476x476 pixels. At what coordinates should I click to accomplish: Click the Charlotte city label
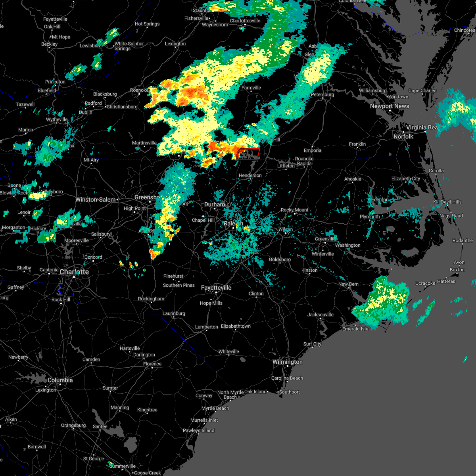tap(74, 272)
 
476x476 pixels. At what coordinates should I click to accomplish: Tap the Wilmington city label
tap(287, 362)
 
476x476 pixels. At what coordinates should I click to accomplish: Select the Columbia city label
tap(60, 380)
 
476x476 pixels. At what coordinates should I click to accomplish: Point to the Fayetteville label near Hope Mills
tap(216, 288)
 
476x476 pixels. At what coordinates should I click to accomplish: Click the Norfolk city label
tap(403, 136)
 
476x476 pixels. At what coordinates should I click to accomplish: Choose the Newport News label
tap(389, 106)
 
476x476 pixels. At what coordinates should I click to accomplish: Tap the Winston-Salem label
tap(96, 200)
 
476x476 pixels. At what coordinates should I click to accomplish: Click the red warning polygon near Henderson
tap(248, 154)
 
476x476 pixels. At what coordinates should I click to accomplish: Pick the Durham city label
tap(215, 205)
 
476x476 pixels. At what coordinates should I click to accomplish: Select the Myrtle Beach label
tap(215, 409)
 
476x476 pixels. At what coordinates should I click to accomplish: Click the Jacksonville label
tap(320, 315)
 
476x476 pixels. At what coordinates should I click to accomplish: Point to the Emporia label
tap(313, 151)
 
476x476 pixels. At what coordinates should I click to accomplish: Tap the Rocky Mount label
tap(294, 210)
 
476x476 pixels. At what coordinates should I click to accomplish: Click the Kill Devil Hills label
tap(447, 202)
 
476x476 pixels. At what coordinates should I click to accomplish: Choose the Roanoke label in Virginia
tap(139, 90)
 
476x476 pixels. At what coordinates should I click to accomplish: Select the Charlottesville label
tap(245, 21)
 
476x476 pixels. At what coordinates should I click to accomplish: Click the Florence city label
tap(152, 364)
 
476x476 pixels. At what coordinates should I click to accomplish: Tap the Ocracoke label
tap(425, 284)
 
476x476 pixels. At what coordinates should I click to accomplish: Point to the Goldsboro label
tap(280, 260)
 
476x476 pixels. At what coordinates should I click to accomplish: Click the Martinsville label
tap(144, 143)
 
